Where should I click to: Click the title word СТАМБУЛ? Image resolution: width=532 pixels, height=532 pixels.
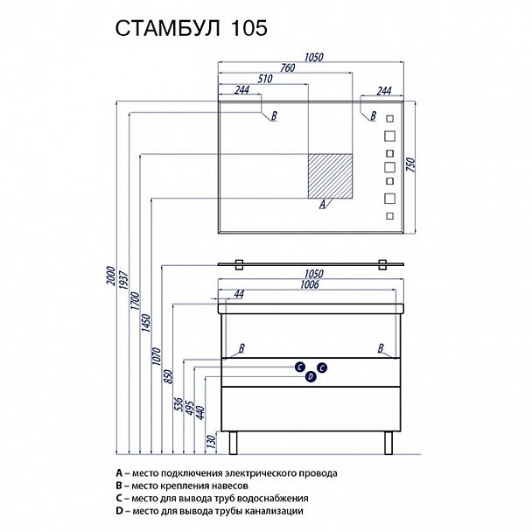point(166,28)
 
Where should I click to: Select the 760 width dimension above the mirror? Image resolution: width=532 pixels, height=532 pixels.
point(284,70)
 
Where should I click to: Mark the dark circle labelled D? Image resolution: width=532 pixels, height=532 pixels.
point(310,377)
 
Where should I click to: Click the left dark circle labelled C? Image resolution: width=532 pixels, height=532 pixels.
point(299,367)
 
